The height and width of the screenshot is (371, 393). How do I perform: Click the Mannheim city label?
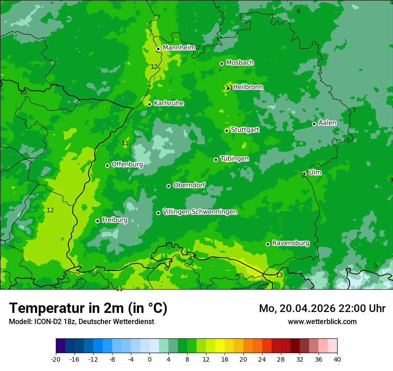pos(179,48)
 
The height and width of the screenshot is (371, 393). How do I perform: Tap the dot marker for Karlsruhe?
pos(150,104)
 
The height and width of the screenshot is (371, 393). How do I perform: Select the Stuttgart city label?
pos(245,130)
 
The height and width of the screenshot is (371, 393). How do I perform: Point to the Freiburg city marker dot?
pos(97,221)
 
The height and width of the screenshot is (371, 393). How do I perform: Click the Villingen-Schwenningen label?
pos(200,212)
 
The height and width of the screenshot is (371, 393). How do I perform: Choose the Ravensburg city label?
pos(291,243)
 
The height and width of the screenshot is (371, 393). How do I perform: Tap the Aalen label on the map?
pos(327,123)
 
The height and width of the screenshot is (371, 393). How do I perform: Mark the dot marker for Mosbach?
pos(222,63)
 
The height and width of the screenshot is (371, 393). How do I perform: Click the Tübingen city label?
pos(234,159)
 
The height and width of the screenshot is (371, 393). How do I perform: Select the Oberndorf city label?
pos(189,185)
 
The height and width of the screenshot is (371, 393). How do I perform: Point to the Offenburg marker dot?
pos(107,165)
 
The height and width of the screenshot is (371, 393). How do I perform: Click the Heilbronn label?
pos(248,87)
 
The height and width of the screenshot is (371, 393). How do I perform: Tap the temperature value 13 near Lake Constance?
pos(279,275)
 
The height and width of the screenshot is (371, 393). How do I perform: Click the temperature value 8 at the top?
pos(298,11)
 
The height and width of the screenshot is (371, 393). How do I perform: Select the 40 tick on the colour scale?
pos(337,359)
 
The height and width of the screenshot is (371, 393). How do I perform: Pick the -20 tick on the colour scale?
pos(56,359)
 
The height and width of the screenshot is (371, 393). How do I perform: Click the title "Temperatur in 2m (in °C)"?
pos(88,308)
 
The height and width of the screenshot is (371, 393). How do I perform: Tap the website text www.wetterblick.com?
pos(322,321)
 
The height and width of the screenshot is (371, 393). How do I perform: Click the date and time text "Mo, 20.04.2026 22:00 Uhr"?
pos(322,308)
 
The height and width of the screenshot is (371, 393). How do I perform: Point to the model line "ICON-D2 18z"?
pos(54,321)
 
